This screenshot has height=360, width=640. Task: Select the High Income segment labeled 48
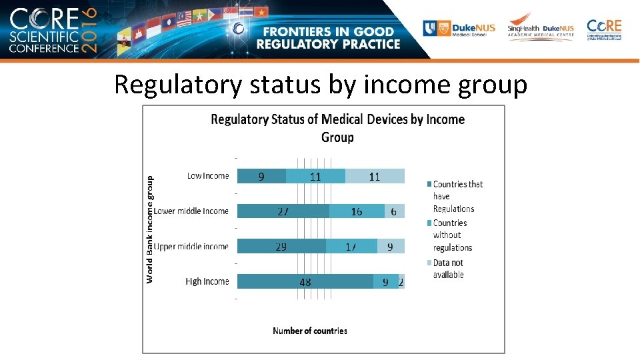tap(305, 282)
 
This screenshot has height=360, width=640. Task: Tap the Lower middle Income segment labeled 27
tap(283, 211)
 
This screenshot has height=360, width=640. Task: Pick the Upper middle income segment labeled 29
tap(281, 247)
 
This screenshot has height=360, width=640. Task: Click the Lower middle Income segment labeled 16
tap(357, 211)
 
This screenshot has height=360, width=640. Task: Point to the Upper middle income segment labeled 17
tap(351, 247)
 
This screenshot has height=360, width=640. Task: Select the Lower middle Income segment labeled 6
tap(394, 211)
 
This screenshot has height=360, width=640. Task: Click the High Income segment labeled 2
tap(401, 282)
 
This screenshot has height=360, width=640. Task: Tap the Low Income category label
tap(207, 176)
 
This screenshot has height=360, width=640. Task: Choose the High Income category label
tap(207, 282)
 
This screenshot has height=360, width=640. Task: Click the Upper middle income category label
tap(191, 247)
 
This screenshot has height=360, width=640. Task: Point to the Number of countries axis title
tap(310, 331)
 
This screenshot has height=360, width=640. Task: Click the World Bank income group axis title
tap(150, 229)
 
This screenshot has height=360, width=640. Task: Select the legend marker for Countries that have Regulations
tap(429, 184)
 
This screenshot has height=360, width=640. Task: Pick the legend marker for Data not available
tap(429, 263)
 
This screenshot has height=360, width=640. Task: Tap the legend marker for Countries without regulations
tap(429, 223)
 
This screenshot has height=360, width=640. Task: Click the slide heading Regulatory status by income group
tap(321, 85)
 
